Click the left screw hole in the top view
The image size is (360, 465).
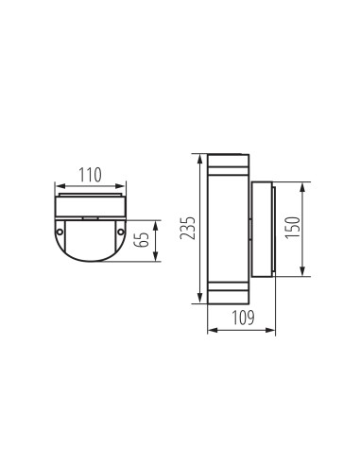tap(60, 230)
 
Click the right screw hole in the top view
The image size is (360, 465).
tap(123, 230)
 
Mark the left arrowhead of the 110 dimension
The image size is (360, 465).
tap(59, 185)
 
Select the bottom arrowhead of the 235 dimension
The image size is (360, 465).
tap(199, 301)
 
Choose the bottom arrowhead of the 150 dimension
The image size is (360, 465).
tap(302, 274)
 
